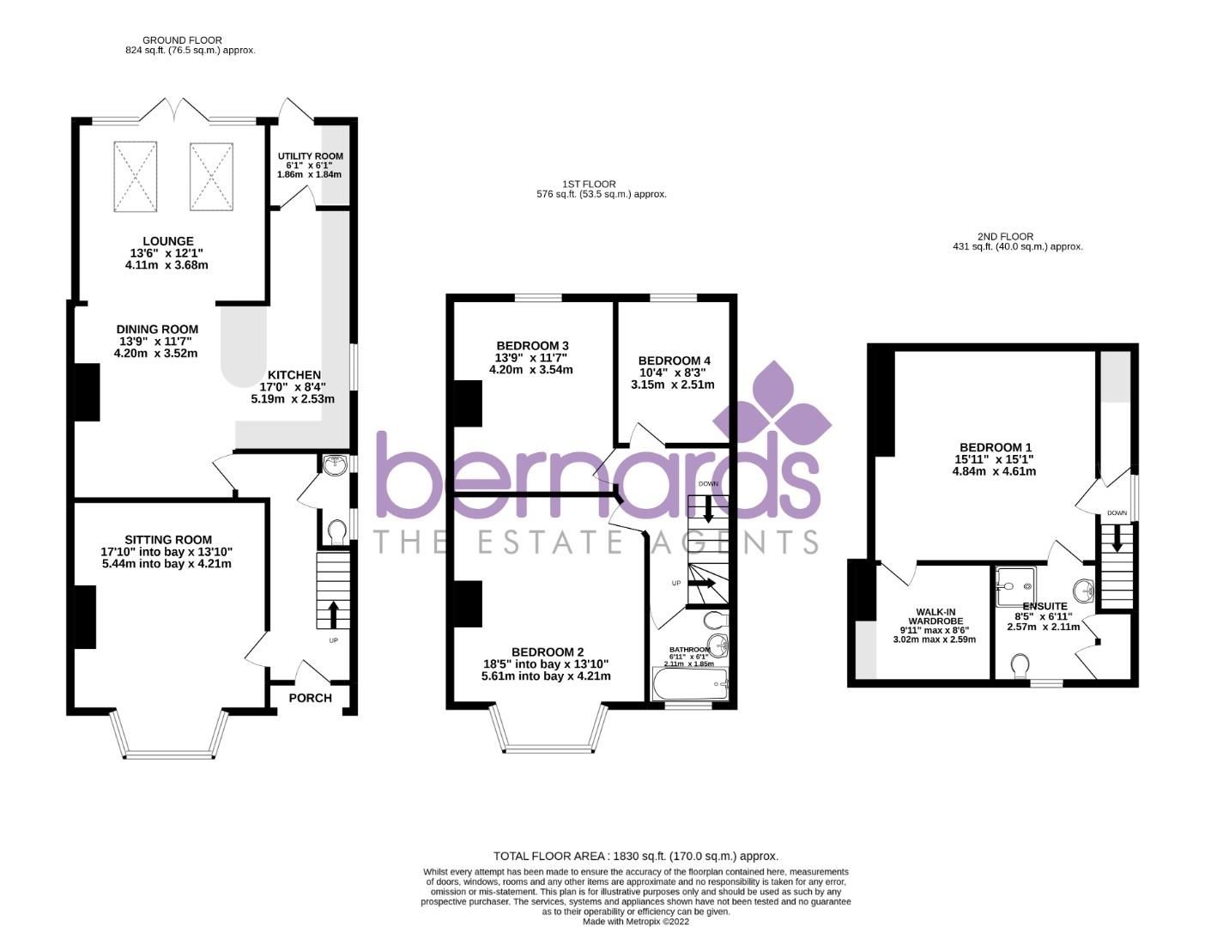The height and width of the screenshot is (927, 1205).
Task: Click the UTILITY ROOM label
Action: [310, 156]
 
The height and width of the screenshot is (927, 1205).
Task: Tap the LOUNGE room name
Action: [168, 241]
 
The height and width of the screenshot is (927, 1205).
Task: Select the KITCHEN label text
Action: [294, 375]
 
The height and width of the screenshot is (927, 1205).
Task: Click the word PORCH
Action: [310, 698]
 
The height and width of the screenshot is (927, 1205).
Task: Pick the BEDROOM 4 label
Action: [674, 360]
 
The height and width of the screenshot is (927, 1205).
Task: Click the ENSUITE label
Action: [1045, 606]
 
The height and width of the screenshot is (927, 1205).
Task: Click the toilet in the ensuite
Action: [1020, 666]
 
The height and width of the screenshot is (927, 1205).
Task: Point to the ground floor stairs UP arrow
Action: [334, 615]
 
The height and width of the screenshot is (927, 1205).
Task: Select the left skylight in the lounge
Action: [136, 177]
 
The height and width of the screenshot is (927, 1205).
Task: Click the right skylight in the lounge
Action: [211, 177]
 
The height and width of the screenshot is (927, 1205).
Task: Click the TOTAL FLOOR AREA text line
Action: [635, 856]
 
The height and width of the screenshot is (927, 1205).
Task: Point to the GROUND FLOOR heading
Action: [182, 40]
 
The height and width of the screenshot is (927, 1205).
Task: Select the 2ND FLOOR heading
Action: [1017, 236]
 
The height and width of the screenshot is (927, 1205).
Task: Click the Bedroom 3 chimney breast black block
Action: [468, 403]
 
